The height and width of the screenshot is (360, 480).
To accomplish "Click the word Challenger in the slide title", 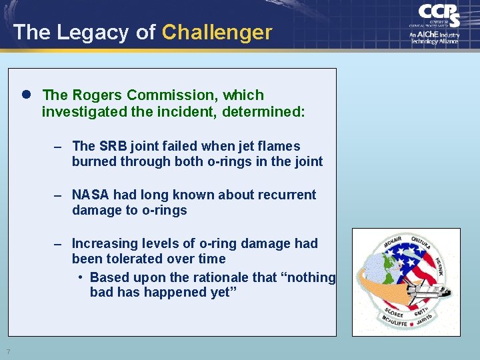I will click(217, 32).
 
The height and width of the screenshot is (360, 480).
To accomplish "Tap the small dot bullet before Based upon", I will click(80, 277).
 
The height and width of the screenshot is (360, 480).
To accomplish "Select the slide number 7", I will click(7, 351).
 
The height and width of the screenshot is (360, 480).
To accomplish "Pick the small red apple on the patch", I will click(411, 323).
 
